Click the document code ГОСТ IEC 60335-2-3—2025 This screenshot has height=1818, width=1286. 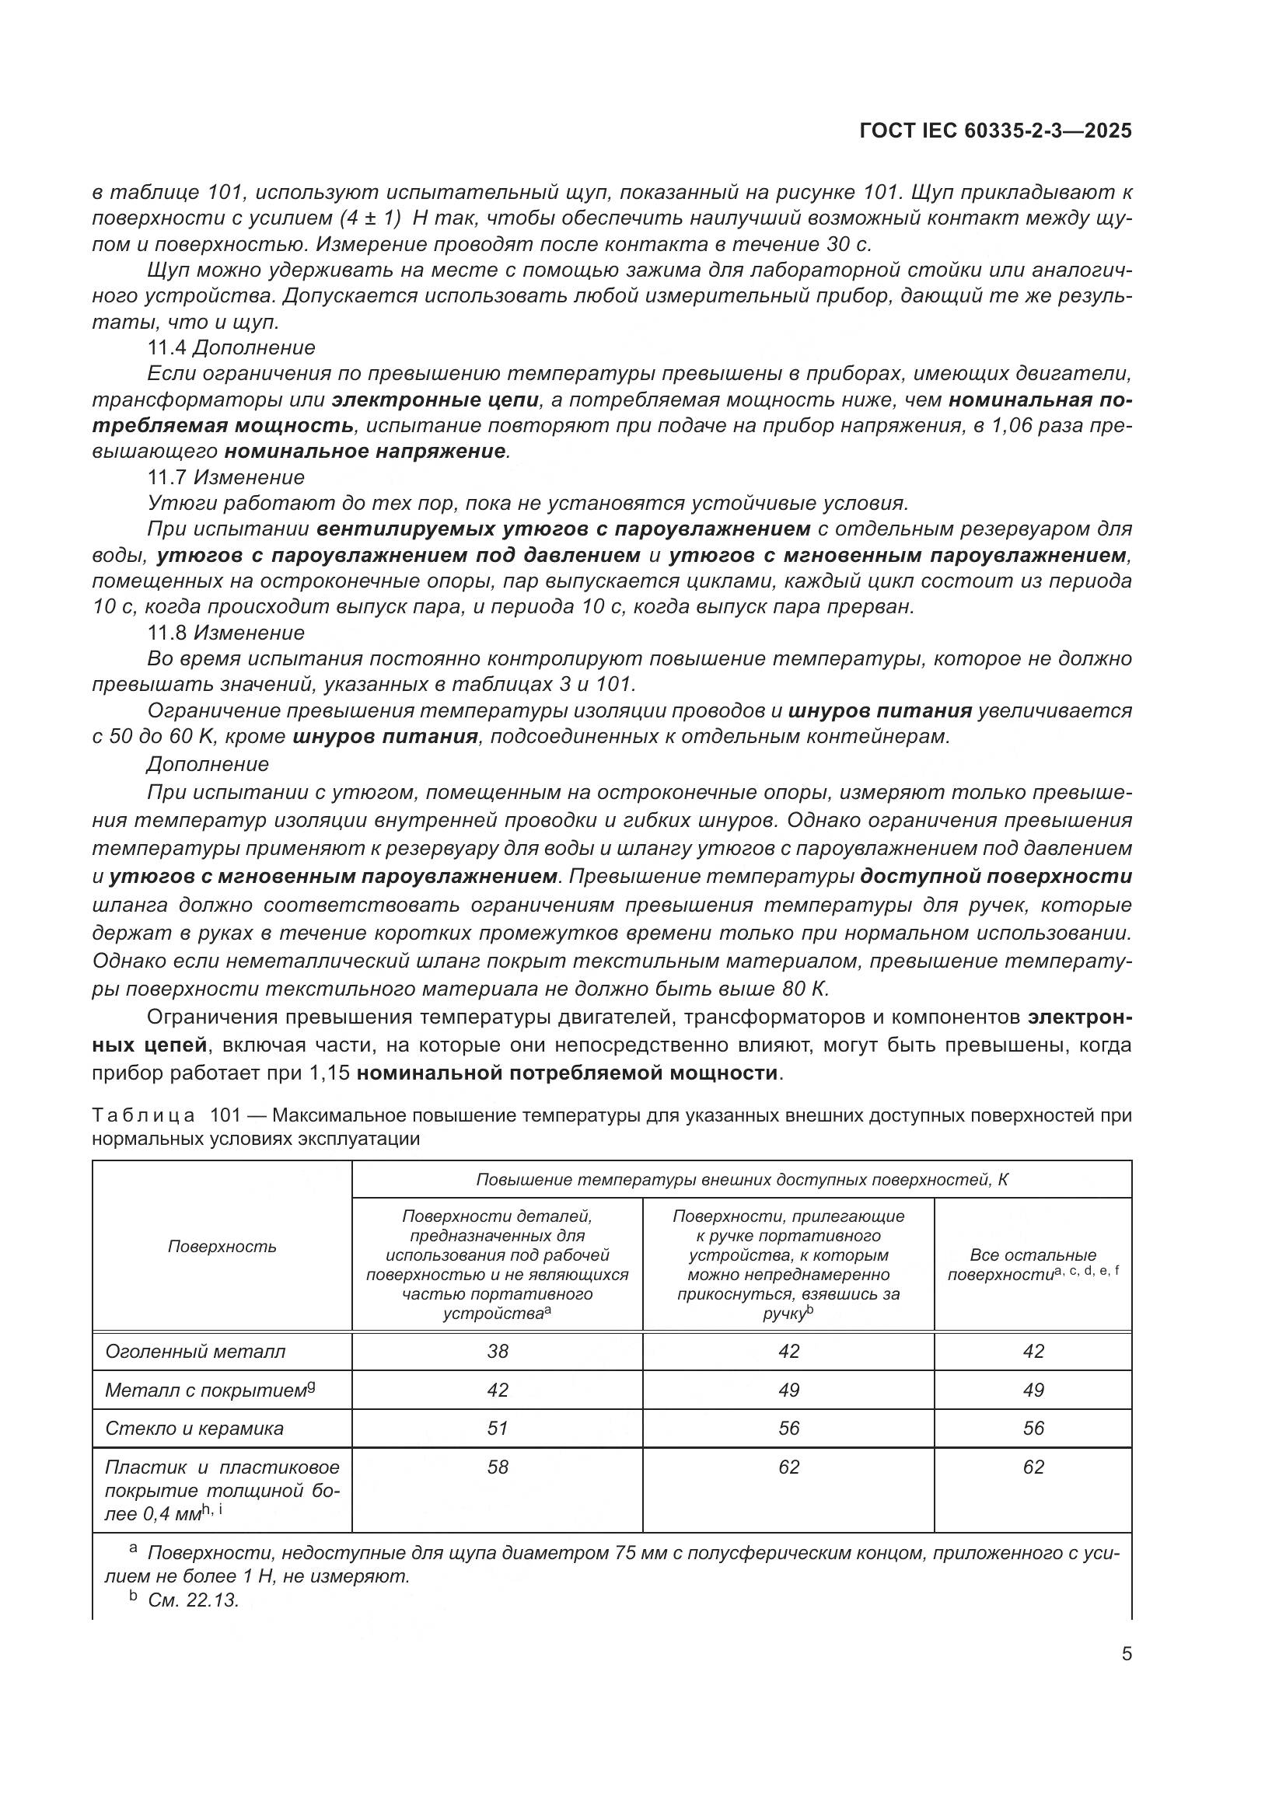pos(994,131)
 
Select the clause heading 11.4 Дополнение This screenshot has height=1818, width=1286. pos(231,347)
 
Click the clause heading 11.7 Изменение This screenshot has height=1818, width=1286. pos(225,477)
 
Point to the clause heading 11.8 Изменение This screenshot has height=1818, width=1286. pos(225,633)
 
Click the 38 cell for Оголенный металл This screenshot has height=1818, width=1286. pos(498,1351)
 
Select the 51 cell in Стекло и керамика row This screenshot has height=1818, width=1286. pos(498,1428)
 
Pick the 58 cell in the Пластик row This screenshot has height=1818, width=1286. pos(498,1467)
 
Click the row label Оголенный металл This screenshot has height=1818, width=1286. pos(195,1351)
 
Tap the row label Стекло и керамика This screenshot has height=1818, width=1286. pos(194,1428)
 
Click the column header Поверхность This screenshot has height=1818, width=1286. pos(222,1246)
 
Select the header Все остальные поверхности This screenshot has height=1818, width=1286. pos(1033,1265)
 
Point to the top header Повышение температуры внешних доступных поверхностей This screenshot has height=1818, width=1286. pos(741,1180)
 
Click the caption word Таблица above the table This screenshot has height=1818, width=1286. pos(142,1115)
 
